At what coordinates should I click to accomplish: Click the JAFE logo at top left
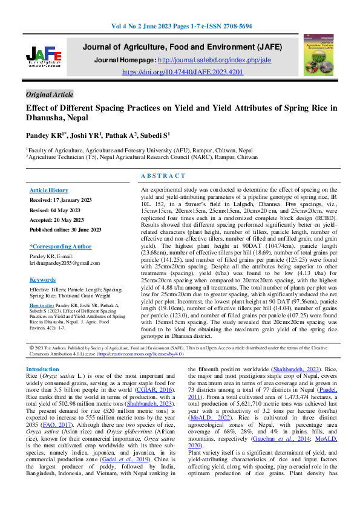44,59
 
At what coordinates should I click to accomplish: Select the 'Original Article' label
50,94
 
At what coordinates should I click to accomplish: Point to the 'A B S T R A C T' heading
163,175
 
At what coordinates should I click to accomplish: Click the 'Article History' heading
49,190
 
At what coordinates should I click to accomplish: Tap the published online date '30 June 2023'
85,230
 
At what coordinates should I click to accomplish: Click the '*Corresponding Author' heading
60,247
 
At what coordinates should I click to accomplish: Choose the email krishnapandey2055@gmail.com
64,263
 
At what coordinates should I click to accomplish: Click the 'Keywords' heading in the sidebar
42,280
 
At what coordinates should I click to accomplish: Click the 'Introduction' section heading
42,369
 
